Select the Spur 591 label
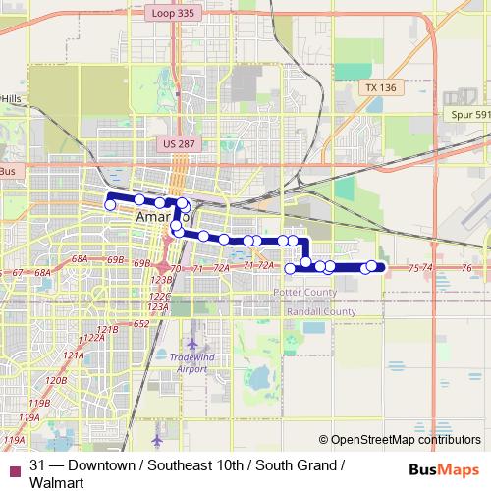click(469, 115)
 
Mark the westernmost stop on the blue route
click(111, 204)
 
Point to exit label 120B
click(56, 379)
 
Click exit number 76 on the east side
click(466, 267)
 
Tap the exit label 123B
click(160, 281)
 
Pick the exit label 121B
click(107, 329)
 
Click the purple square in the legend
click(12, 465)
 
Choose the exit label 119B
click(40, 403)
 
